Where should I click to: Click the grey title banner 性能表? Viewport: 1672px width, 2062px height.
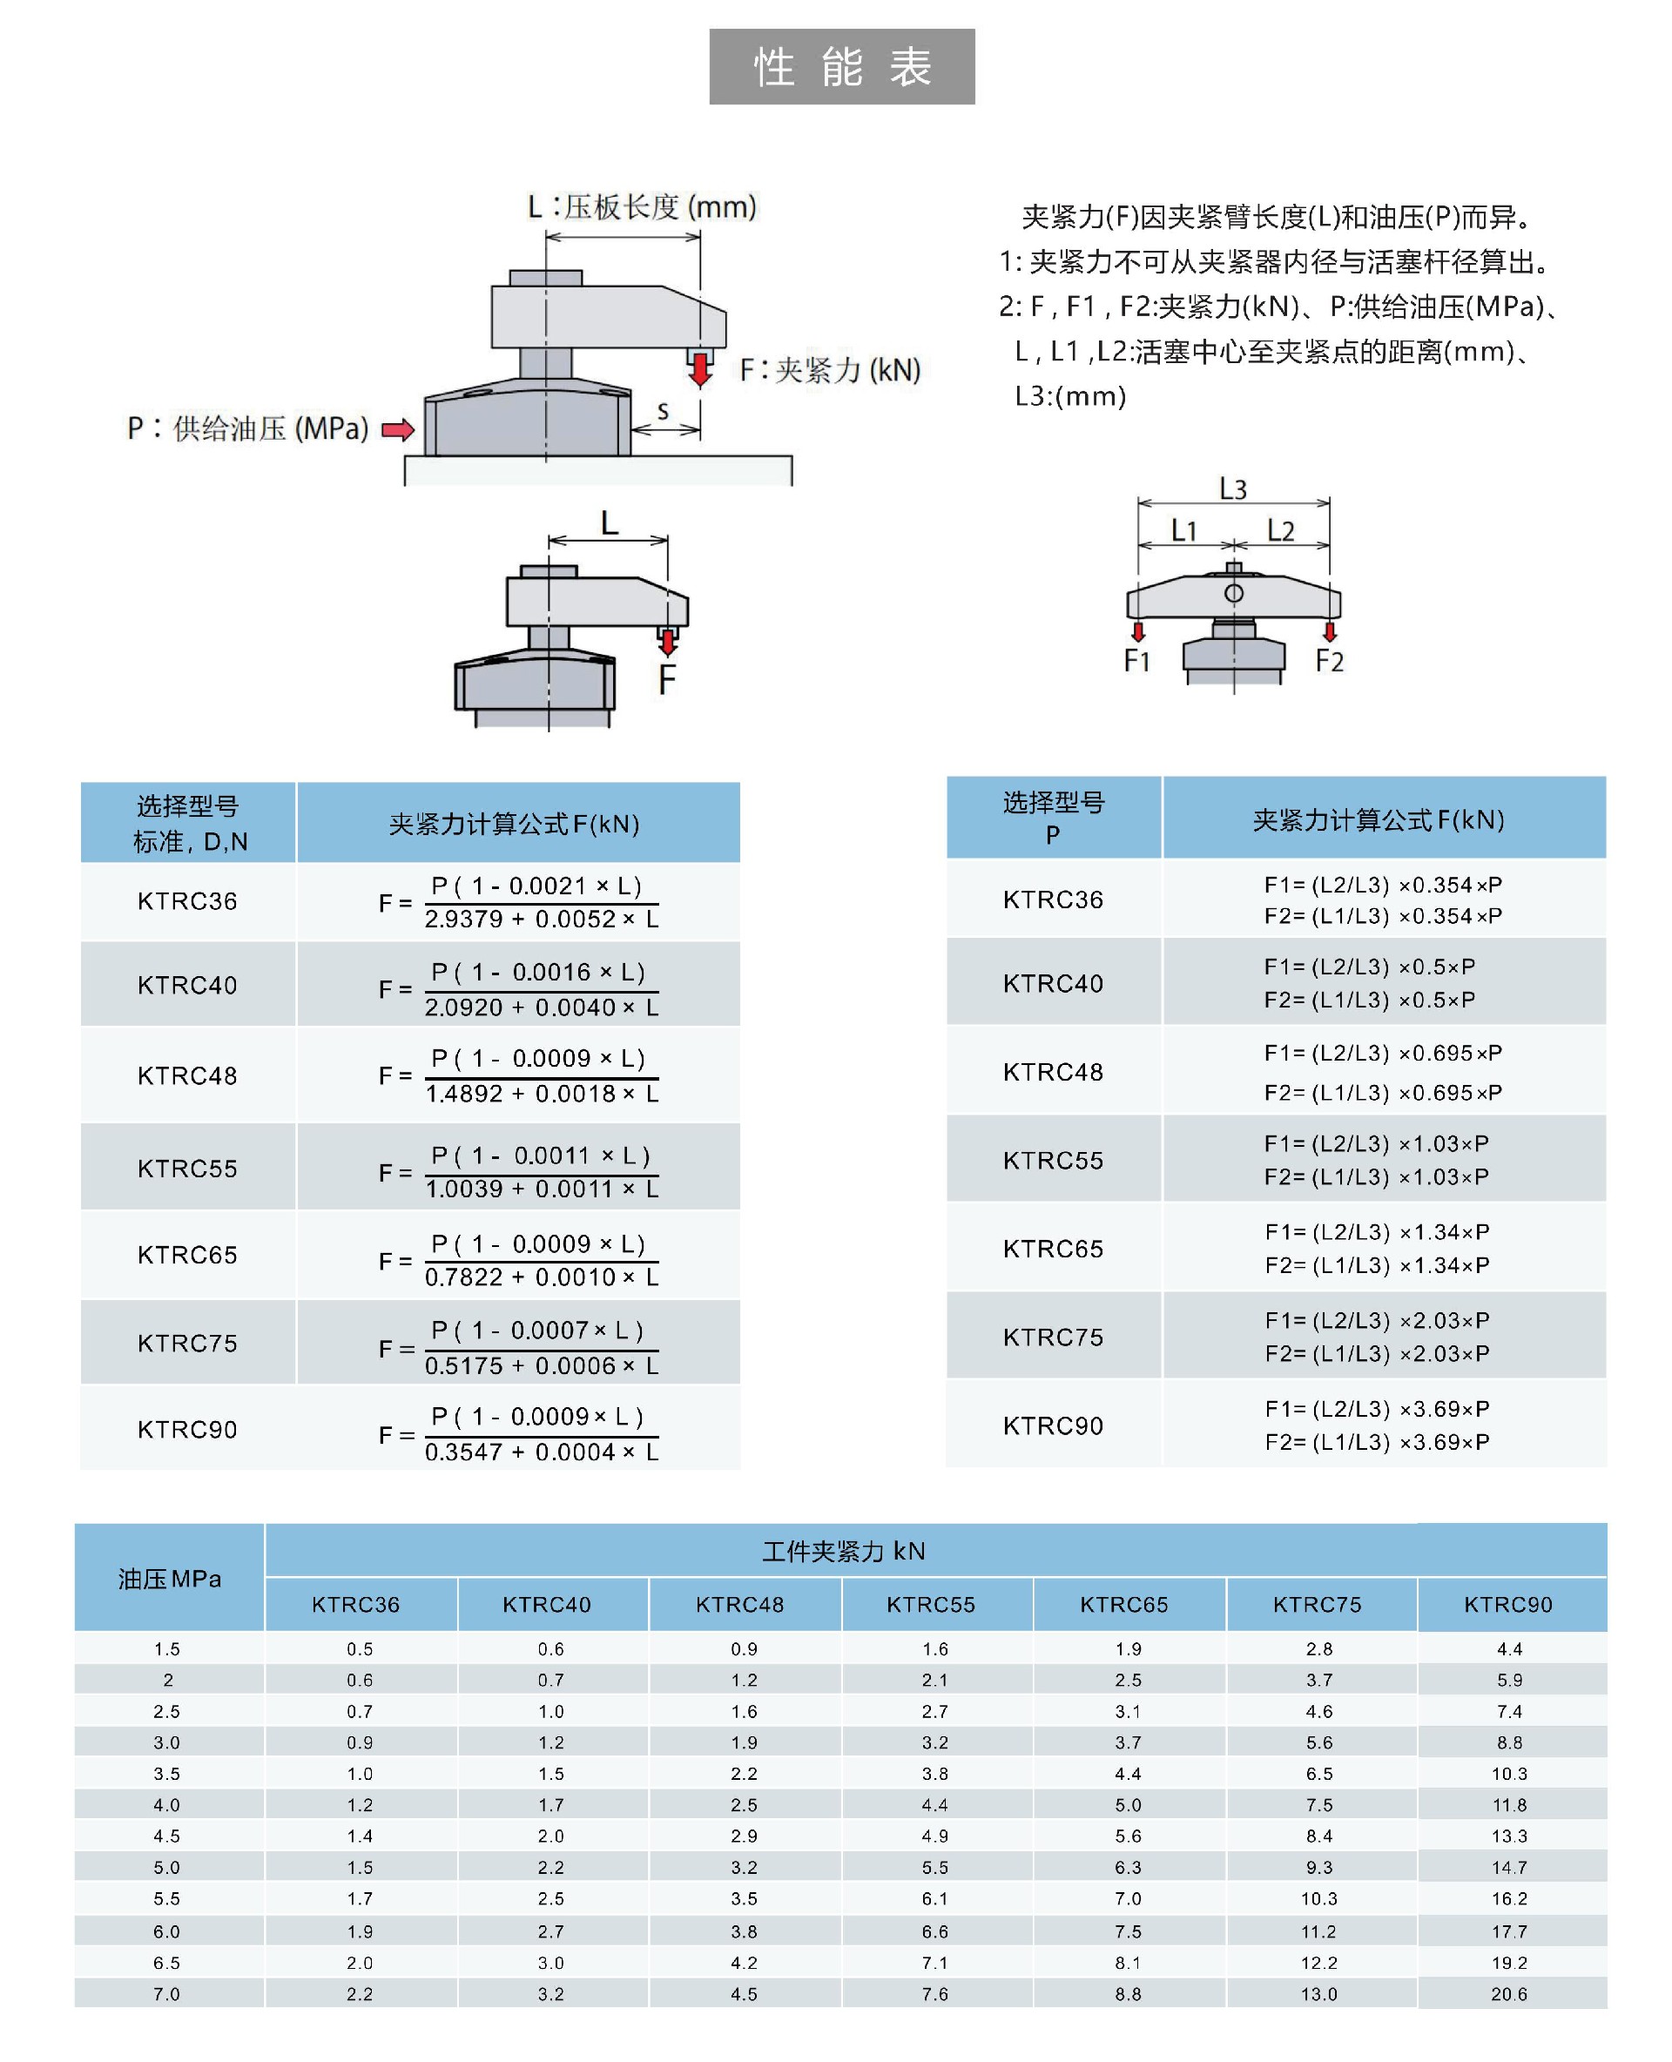pyautogui.click(x=842, y=66)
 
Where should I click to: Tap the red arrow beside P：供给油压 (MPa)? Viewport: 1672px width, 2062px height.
pyautogui.click(x=398, y=429)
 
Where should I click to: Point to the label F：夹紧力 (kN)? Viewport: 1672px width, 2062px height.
pyautogui.click(x=829, y=370)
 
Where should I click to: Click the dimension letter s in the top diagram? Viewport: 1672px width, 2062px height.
pyautogui.click(x=663, y=411)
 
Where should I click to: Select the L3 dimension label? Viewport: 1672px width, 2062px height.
pyautogui.click(x=1233, y=489)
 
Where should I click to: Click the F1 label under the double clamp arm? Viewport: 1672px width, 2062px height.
pyautogui.click(x=1137, y=661)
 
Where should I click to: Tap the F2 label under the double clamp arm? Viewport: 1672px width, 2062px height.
pyautogui.click(x=1329, y=661)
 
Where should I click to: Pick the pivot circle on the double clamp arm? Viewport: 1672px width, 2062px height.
pyautogui.click(x=1234, y=593)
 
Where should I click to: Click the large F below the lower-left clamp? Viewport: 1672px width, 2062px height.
pyautogui.click(x=666, y=680)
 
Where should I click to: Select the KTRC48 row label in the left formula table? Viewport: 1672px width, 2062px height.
pyautogui.click(x=188, y=1075)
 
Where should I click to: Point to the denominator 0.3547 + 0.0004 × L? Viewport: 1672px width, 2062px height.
pyautogui.click(x=543, y=1452)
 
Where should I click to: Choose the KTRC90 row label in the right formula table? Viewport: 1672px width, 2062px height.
pyautogui.click(x=1053, y=1425)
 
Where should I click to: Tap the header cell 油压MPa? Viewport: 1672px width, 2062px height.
pyautogui.click(x=170, y=1579)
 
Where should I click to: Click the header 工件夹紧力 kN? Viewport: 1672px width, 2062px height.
pyautogui.click(x=844, y=1551)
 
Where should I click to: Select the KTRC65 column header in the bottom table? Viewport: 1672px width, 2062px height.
pyautogui.click(x=1124, y=1605)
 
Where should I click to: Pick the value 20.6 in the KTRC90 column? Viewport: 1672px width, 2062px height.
pyautogui.click(x=1509, y=1993)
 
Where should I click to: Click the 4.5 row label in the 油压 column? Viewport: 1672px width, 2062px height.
pyautogui.click(x=166, y=1836)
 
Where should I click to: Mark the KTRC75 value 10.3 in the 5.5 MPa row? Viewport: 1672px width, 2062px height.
pyautogui.click(x=1318, y=1898)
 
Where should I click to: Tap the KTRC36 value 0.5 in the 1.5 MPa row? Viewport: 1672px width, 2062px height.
pyautogui.click(x=361, y=1649)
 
